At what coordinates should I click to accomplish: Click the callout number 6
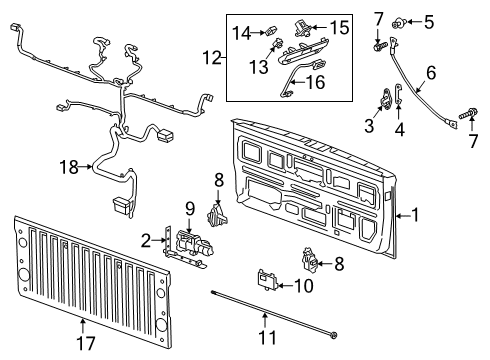pyautogui.click(x=431, y=72)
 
